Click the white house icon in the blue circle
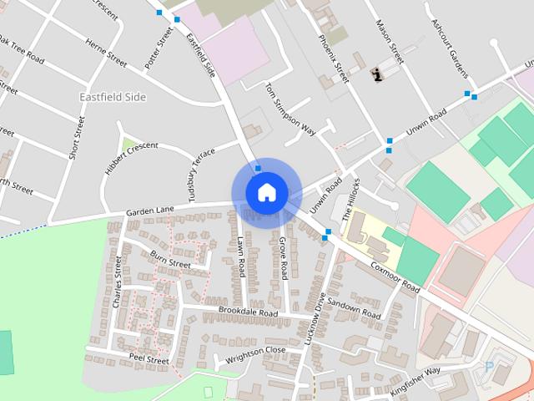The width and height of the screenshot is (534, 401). (266, 193)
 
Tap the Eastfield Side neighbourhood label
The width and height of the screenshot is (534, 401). (112, 97)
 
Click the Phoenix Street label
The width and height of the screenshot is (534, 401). (333, 52)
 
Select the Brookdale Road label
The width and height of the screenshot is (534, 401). (248, 312)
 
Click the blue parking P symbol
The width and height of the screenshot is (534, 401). (489, 366)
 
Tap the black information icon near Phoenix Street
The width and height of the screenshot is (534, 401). (377, 74)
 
